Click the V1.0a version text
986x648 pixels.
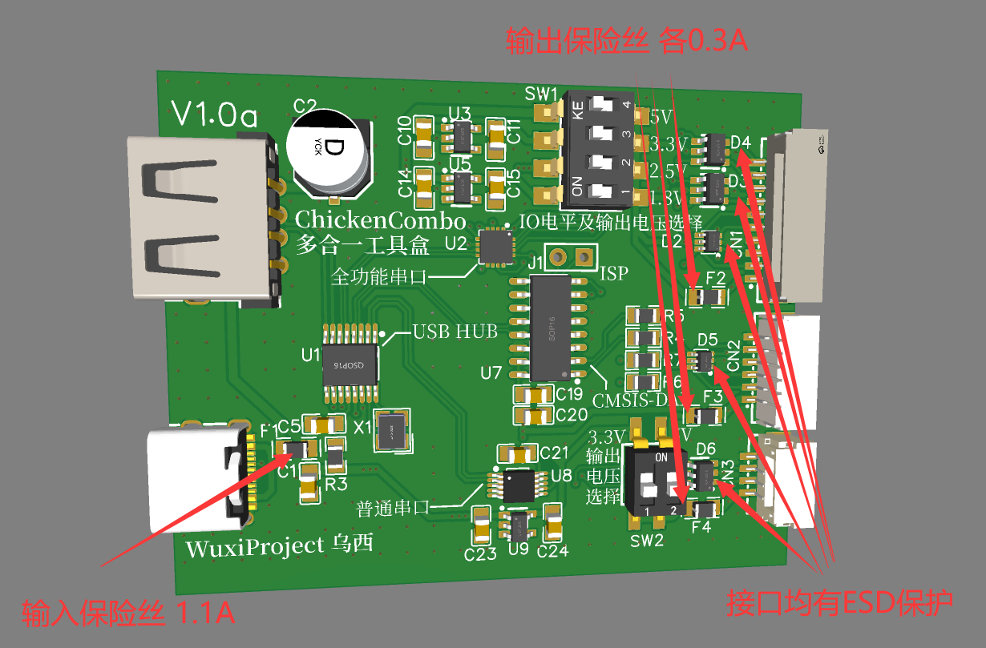point(215,117)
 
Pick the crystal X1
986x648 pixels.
point(393,432)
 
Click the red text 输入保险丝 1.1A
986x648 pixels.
point(128,614)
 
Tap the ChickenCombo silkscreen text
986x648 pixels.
point(380,219)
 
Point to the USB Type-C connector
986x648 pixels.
point(200,477)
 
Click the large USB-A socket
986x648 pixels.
point(200,219)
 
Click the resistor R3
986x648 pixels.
point(335,457)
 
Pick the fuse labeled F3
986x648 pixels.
point(706,416)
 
